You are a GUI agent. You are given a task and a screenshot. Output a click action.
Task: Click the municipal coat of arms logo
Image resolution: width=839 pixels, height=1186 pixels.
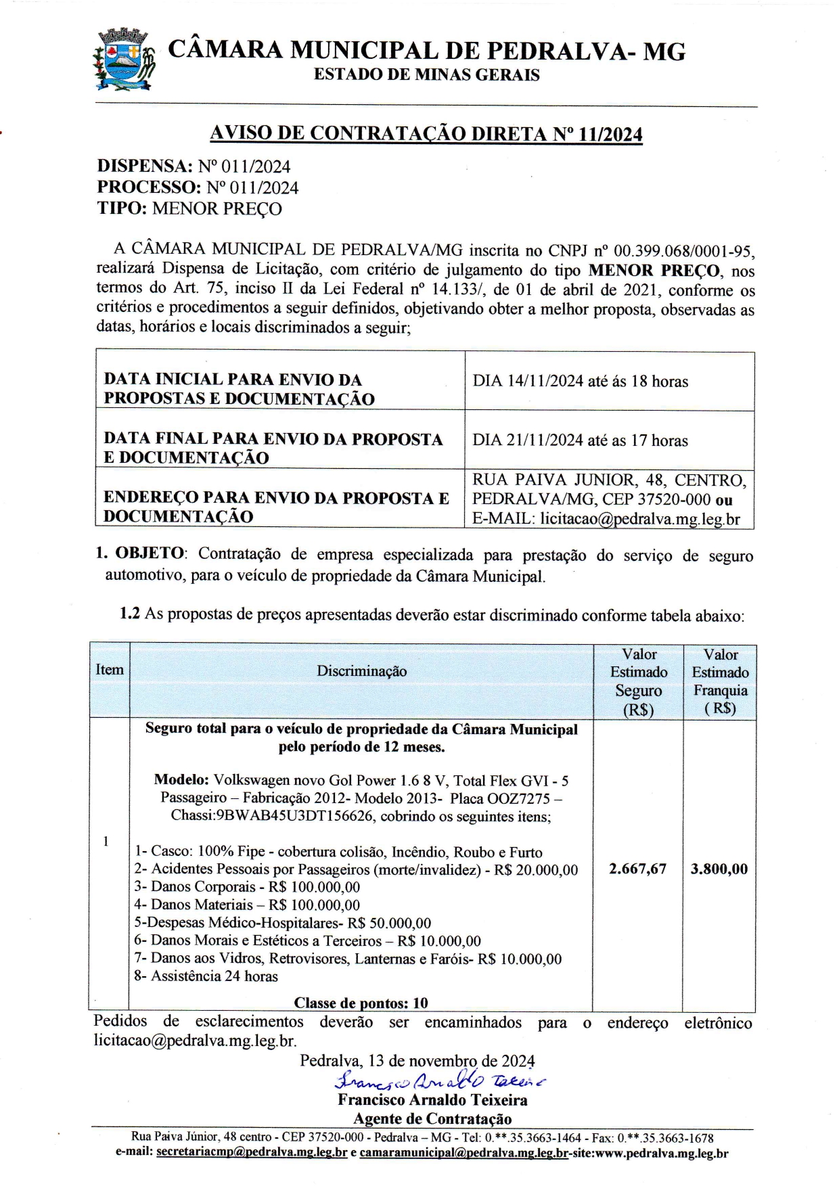point(123,60)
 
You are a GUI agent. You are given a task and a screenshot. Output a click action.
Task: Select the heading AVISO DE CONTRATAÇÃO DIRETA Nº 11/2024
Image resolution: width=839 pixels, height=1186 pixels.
point(426,134)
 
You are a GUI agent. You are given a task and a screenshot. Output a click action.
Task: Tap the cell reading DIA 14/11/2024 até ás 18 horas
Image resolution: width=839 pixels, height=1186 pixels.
point(580,382)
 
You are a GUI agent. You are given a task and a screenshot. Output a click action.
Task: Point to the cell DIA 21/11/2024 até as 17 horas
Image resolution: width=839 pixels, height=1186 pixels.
point(580,441)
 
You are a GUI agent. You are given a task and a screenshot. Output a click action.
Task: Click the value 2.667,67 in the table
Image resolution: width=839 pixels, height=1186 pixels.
point(637,869)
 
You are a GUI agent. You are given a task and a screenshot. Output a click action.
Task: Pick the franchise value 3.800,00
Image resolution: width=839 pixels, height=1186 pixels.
point(719,869)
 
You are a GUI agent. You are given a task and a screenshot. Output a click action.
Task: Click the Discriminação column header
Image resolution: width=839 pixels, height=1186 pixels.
point(361,671)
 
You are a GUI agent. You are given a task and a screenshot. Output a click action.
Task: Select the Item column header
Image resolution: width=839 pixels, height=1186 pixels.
point(110,670)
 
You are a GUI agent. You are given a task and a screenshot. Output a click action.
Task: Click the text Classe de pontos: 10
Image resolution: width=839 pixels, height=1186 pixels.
point(361,1003)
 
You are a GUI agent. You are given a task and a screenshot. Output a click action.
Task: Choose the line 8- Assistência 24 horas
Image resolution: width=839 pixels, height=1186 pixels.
point(206,976)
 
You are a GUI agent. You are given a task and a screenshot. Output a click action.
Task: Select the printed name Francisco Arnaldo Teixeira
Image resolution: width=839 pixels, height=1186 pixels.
point(432,1100)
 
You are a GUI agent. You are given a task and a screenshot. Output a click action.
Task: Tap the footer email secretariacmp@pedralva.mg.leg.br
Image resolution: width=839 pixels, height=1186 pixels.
point(252,1153)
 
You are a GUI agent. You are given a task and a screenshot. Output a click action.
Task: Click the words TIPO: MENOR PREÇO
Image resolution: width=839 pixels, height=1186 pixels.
point(189,208)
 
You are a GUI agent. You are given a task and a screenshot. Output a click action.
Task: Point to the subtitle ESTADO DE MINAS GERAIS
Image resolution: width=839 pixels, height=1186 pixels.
point(426,75)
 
